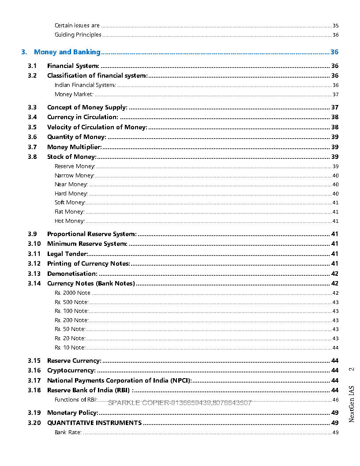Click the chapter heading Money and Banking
(67, 52)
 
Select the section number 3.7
(32, 147)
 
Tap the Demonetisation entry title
(72, 274)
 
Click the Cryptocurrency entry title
(71, 370)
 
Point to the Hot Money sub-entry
(70, 221)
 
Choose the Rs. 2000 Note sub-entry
(72, 293)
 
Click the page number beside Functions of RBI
(335, 400)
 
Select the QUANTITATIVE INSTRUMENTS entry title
(94, 423)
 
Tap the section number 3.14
(34, 283)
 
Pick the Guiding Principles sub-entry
(78, 35)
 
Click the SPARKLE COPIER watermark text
(180, 403)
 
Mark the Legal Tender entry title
(67, 254)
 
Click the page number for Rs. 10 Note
(335, 348)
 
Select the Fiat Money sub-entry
(70, 212)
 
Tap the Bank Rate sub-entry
(68, 432)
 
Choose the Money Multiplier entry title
(75, 147)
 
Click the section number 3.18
(34, 390)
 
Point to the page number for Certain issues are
(335, 26)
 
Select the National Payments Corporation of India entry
(119, 380)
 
